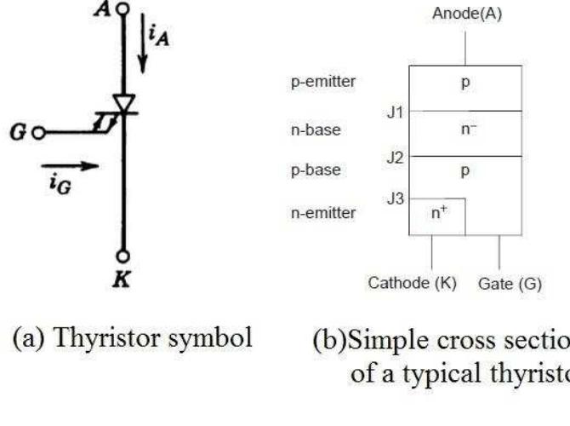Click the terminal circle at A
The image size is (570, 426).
[x=123, y=9]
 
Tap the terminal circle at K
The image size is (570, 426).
[x=123, y=256]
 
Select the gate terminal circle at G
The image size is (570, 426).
[x=37, y=132]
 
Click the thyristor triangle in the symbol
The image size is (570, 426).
[x=124, y=103]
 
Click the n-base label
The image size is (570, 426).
[x=317, y=130]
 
